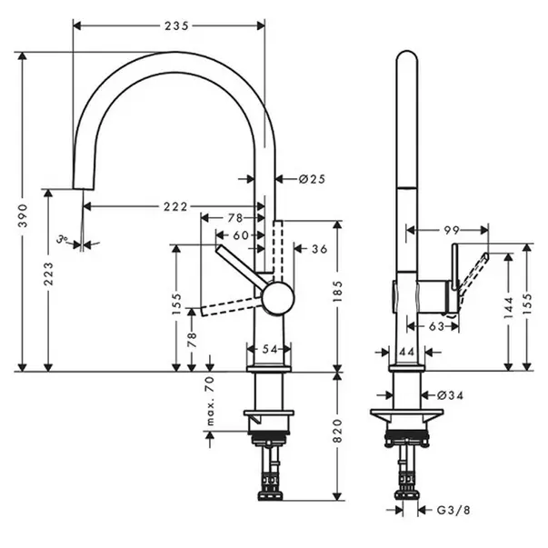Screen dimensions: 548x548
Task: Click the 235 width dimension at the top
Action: point(176,25)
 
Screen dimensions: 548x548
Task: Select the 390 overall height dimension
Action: point(23,215)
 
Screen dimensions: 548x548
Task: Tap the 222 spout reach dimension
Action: point(175,206)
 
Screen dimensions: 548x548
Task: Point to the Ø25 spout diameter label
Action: point(312,179)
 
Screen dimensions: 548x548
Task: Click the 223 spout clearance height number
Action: point(48,274)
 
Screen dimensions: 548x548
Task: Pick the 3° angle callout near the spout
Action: point(62,239)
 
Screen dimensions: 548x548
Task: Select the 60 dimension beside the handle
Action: point(241,235)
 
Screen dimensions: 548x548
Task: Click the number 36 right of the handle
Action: point(319,249)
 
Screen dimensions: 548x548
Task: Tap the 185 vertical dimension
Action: point(337,292)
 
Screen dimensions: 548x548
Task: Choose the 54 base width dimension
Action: point(270,349)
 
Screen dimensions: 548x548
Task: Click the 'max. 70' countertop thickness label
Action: point(210,401)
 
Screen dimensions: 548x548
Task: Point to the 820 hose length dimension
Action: point(337,431)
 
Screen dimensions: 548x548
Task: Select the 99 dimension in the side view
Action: point(452,230)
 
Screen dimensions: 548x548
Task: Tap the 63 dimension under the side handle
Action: point(436,326)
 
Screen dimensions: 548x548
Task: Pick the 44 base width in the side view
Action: point(407,352)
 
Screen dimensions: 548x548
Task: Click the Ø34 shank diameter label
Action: point(450,395)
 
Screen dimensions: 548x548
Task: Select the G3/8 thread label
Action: point(453,510)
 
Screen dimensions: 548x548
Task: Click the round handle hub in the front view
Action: point(278,298)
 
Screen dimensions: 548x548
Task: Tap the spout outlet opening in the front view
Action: point(84,189)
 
